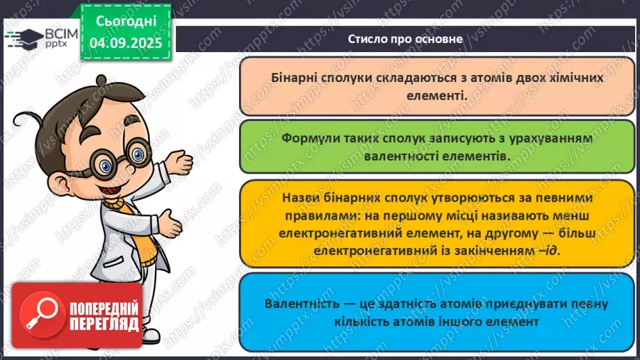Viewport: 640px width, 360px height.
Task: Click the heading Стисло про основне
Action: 405,39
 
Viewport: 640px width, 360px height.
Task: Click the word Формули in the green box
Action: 309,138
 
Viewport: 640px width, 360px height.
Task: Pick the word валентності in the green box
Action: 401,156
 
